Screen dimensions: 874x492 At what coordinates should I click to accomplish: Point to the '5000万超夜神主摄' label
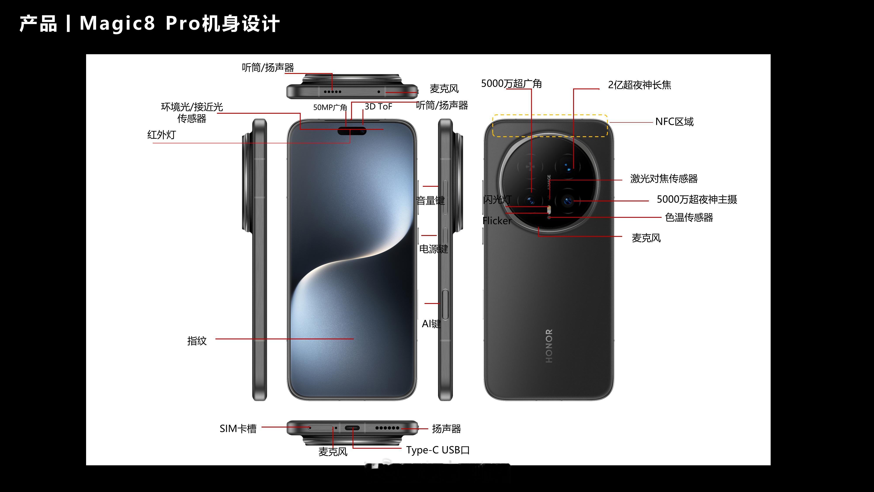tap(697, 199)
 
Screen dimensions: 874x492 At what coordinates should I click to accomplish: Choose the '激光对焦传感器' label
tap(664, 179)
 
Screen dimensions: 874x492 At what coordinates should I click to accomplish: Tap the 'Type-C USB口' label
tap(438, 450)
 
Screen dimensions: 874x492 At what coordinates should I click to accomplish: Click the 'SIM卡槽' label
tap(238, 429)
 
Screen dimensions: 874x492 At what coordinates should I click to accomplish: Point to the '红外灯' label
tap(161, 135)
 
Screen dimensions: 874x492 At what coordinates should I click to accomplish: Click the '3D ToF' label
tap(378, 107)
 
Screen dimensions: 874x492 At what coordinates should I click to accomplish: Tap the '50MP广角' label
tap(330, 107)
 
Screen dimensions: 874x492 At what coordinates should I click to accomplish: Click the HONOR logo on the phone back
tap(549, 346)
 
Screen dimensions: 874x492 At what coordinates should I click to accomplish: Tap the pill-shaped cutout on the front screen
tap(352, 131)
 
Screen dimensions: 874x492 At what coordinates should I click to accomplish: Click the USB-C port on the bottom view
tap(352, 428)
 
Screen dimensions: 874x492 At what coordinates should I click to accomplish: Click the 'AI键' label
tap(431, 324)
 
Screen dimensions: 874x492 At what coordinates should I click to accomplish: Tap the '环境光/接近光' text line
tap(192, 107)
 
